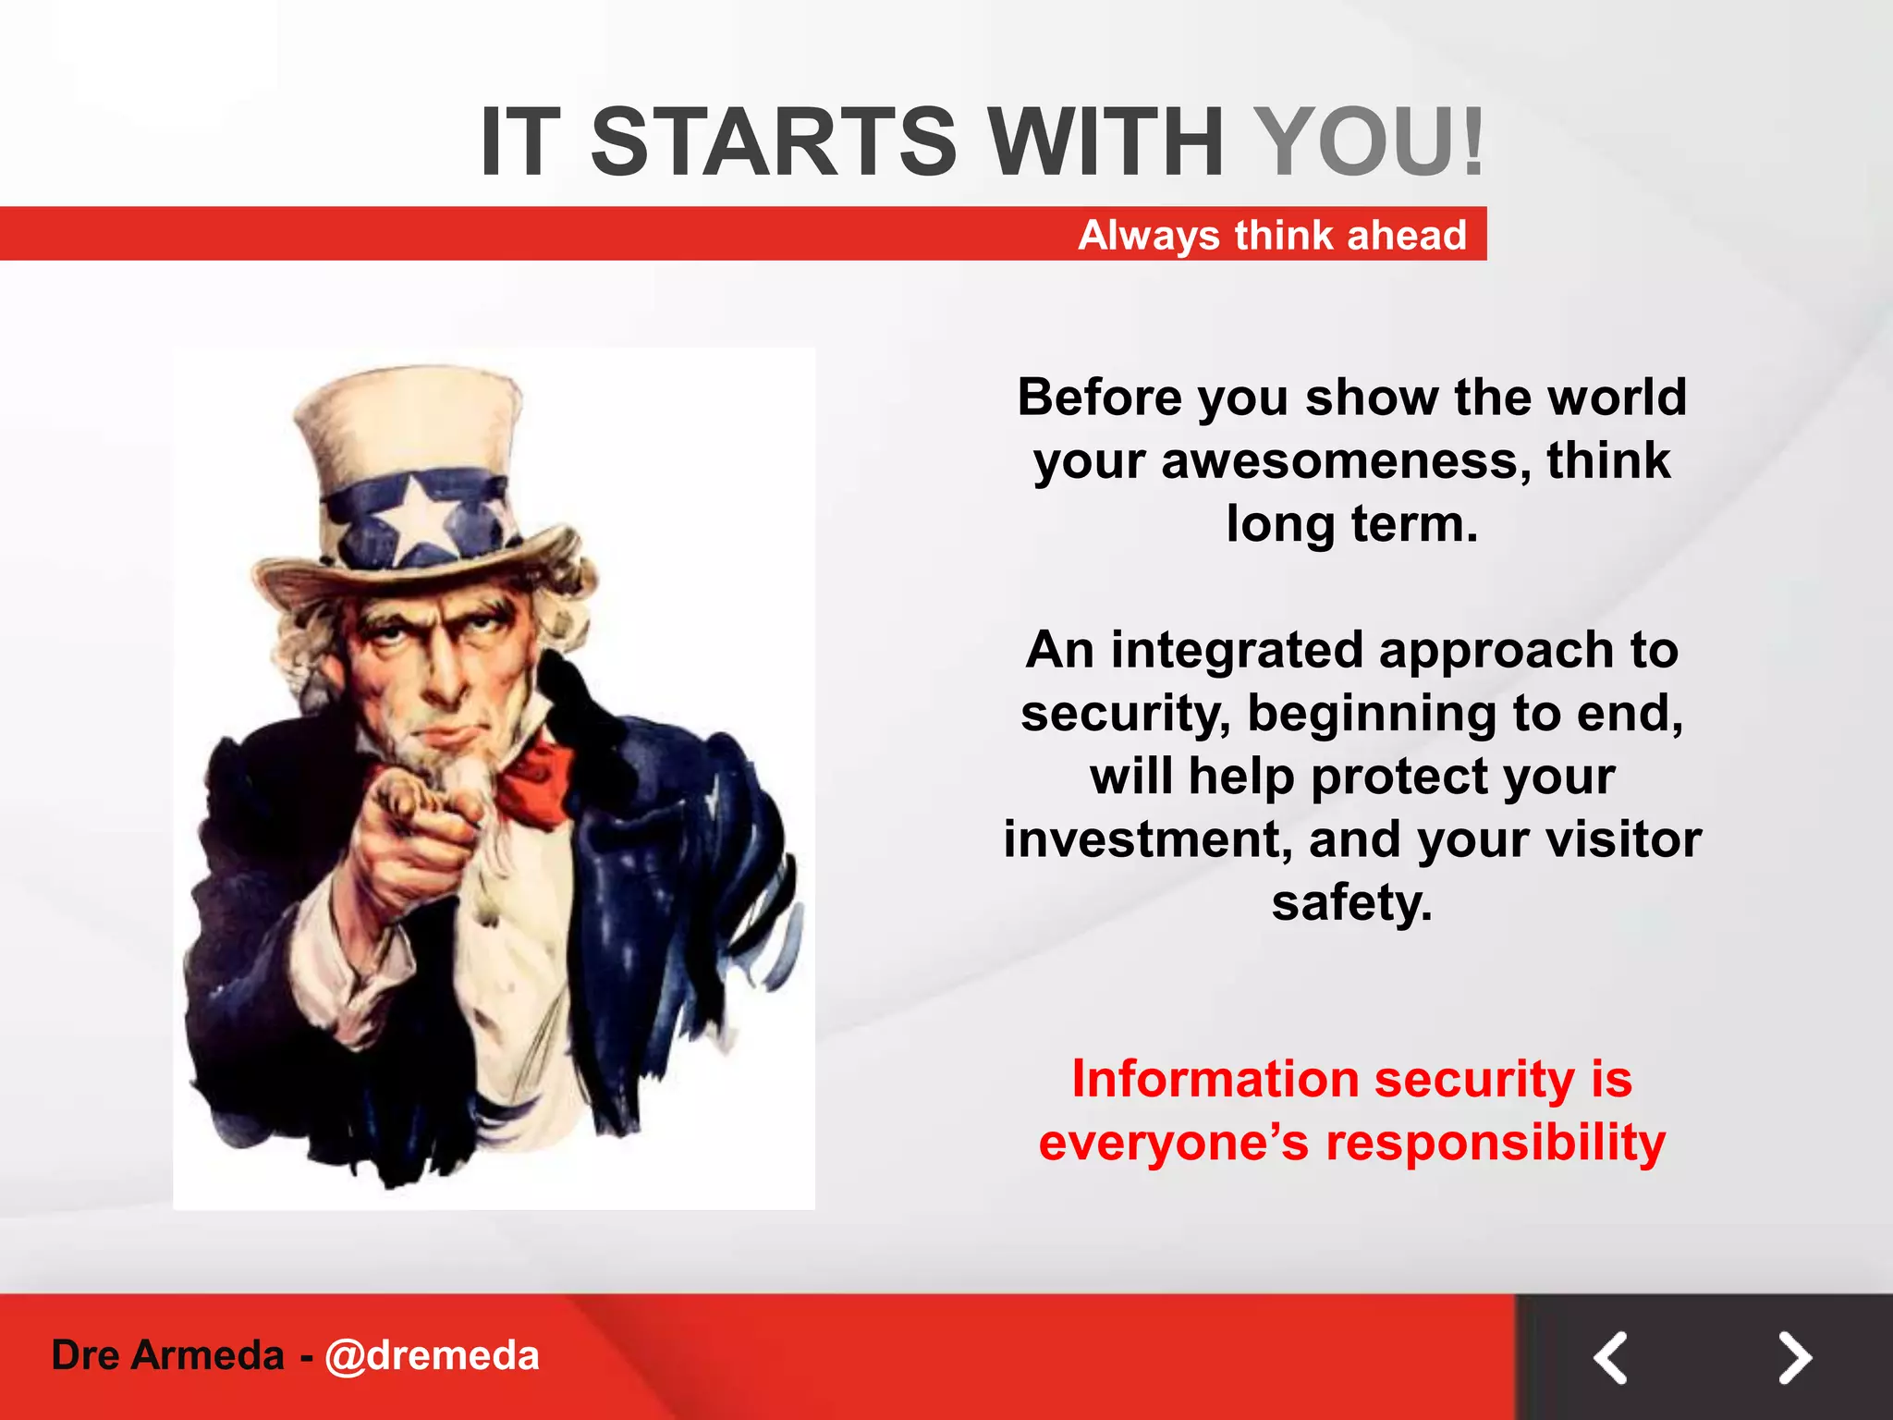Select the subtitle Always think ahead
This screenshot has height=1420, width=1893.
1272,235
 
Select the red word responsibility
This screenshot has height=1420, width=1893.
1496,1143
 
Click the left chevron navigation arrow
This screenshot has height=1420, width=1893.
1610,1357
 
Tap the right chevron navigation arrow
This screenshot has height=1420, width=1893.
1795,1357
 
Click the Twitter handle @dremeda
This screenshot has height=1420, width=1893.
432,1355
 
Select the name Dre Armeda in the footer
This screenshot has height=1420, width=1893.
167,1355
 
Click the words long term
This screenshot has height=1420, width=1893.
1351,524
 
